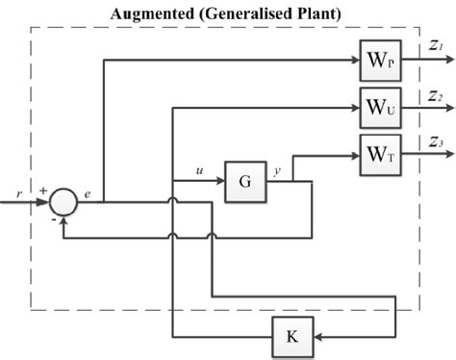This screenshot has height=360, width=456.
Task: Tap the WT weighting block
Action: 377,154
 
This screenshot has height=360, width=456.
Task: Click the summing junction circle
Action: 63,201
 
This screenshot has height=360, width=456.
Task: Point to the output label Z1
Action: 436,45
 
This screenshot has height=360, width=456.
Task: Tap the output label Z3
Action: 436,142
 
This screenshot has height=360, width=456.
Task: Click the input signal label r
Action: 19,193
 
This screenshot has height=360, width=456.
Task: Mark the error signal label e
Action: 88,193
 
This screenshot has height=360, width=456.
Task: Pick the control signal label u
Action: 199,170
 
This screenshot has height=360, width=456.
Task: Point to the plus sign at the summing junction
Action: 42,191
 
